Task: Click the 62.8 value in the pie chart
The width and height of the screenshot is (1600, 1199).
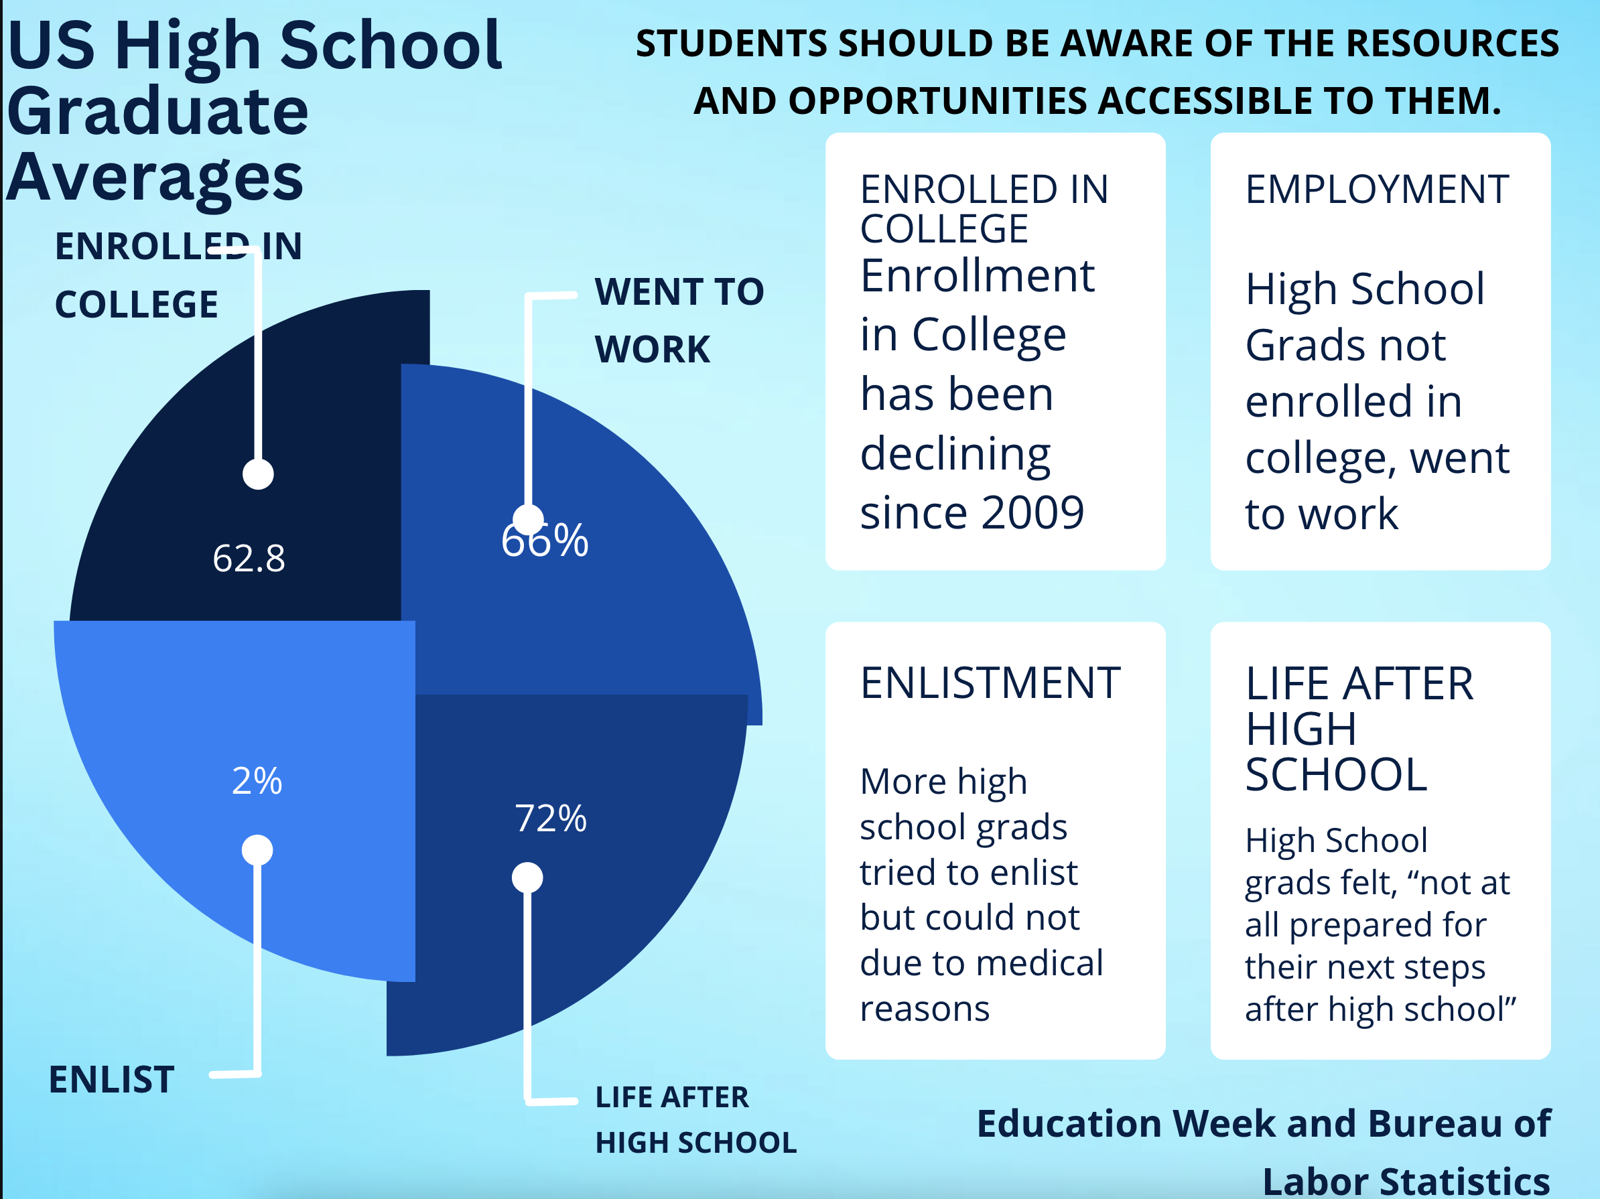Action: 249,558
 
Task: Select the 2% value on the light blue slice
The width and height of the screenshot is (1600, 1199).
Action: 257,780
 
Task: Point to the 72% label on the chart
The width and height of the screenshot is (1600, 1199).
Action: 551,819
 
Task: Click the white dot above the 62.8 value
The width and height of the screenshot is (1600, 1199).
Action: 258,474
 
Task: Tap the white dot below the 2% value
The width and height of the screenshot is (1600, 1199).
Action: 257,850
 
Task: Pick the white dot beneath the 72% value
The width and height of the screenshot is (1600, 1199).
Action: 527,878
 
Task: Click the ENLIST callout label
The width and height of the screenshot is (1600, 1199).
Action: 111,1080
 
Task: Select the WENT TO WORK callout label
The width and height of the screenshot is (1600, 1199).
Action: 679,320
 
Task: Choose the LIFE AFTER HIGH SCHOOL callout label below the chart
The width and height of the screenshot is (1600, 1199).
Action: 695,1119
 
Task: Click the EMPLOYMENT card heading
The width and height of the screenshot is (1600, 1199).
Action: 1376,190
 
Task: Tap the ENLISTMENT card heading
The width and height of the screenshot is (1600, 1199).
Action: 990,683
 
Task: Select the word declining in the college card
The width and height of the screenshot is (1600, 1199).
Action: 955,455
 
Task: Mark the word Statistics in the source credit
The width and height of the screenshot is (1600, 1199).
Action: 1464,1181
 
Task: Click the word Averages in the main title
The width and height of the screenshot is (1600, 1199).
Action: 155,178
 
